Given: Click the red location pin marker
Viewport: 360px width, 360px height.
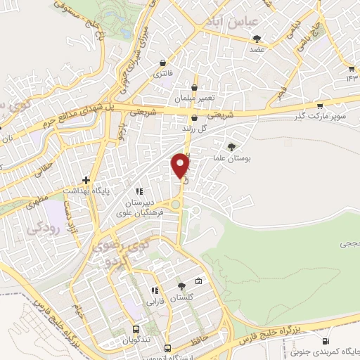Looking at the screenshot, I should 181,165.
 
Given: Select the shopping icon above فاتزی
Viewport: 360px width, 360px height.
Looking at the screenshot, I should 163,62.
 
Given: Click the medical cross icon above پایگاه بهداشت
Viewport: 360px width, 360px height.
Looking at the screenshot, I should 86,180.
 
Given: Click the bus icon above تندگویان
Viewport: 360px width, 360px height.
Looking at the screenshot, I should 136,329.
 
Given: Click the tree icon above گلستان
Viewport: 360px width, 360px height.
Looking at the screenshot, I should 182,285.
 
